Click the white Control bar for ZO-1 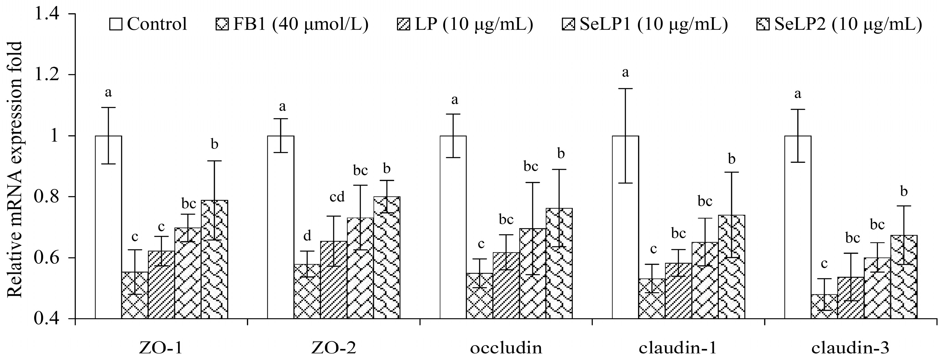[x=108, y=226]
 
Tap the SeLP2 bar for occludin [x=559, y=262]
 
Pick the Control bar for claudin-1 [x=626, y=226]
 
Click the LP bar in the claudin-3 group [x=851, y=297]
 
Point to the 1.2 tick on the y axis [x=51, y=75]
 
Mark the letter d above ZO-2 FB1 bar [x=307, y=236]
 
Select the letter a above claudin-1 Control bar [x=626, y=72]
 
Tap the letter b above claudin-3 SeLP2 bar [x=904, y=191]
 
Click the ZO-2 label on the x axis [x=334, y=348]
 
